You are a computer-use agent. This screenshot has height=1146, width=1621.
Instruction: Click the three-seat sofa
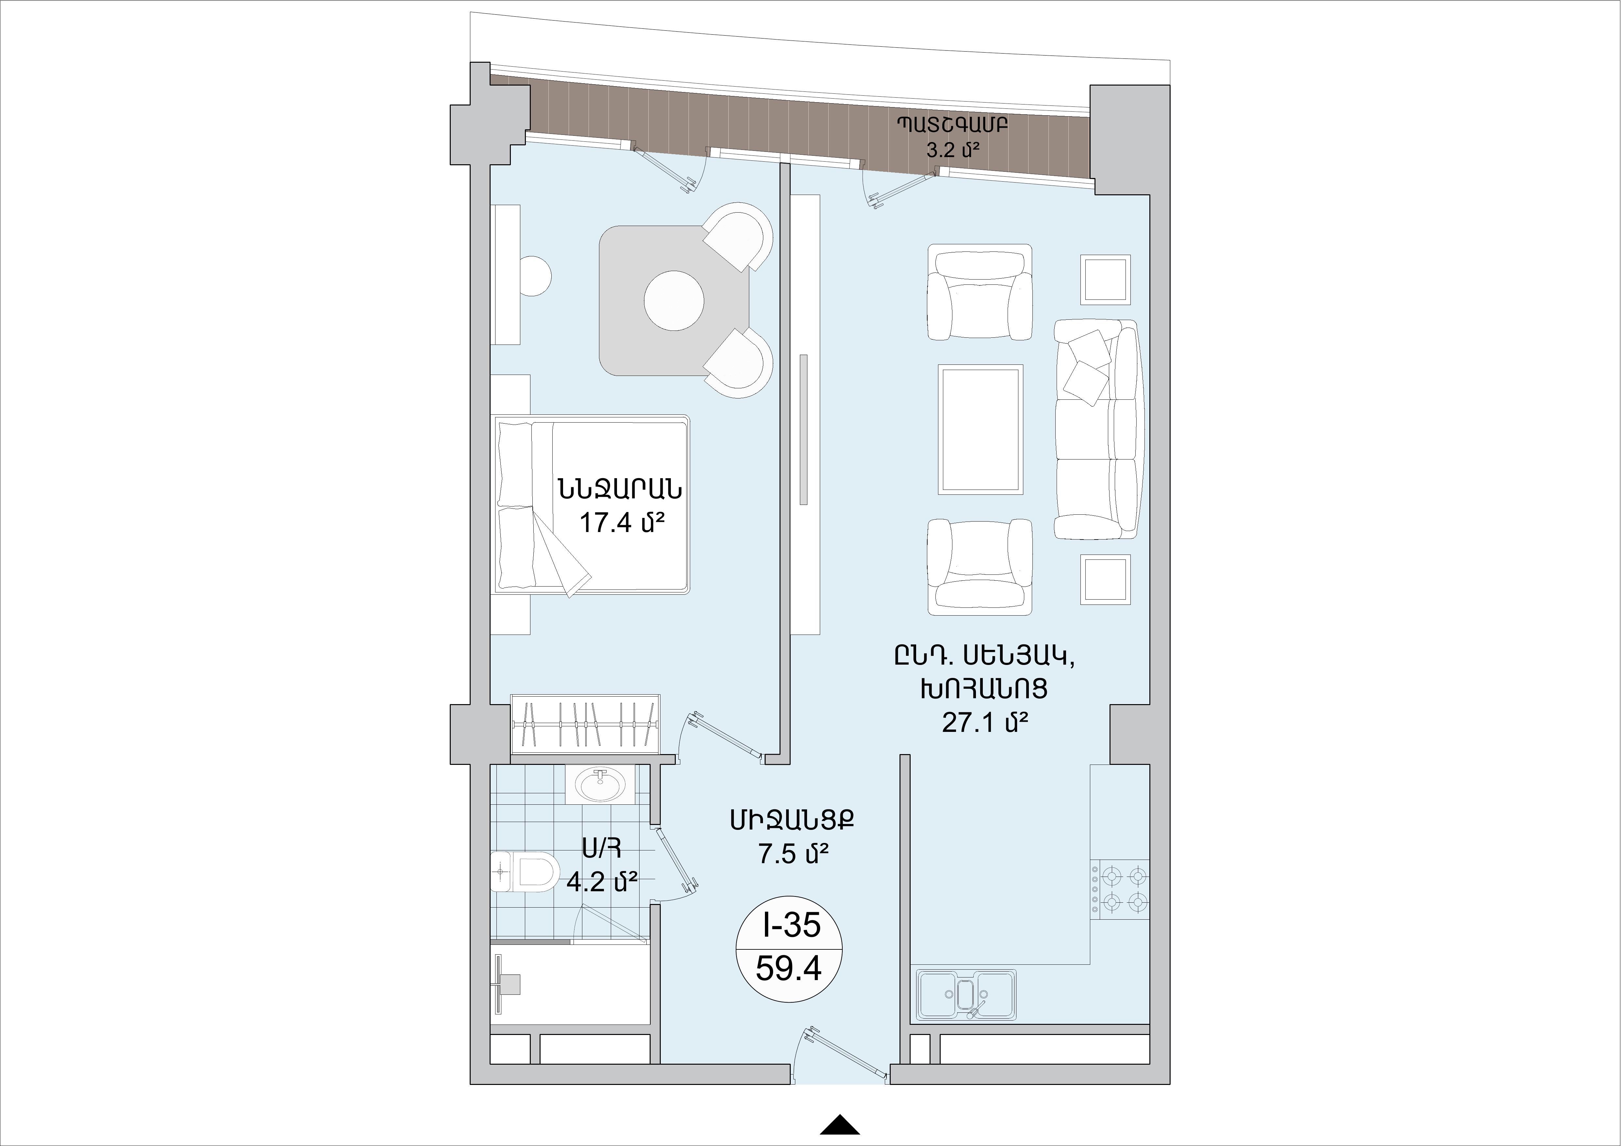(1096, 429)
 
